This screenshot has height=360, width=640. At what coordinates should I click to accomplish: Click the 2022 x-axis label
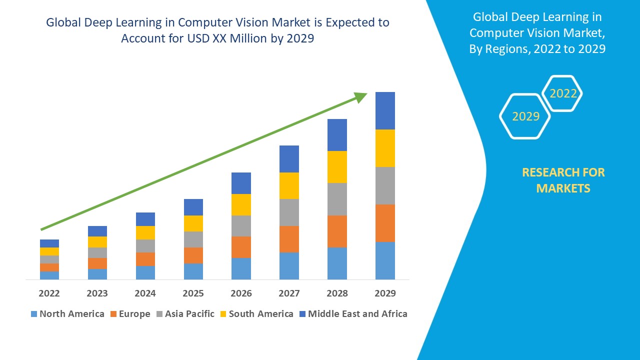49,293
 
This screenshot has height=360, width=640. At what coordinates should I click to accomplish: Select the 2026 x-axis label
241,293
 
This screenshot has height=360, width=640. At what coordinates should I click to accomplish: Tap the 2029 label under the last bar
385,293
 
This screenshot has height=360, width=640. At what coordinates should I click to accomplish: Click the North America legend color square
34,314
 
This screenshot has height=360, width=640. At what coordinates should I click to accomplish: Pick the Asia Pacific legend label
189,314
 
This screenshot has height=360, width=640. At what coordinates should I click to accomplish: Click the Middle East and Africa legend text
357,314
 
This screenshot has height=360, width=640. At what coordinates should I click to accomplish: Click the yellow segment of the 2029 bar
385,148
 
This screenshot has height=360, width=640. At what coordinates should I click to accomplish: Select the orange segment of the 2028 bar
337,231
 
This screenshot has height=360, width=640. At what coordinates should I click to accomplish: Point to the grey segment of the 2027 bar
289,212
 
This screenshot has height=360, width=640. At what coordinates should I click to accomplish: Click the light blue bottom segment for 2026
241,268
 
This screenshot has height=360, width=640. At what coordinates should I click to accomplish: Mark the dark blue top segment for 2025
193,207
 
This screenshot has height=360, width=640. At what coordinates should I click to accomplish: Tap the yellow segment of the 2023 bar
97,242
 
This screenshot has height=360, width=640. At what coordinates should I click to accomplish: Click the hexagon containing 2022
563,93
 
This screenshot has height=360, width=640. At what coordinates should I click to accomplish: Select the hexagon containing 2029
525,116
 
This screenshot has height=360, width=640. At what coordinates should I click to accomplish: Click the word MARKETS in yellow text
563,188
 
